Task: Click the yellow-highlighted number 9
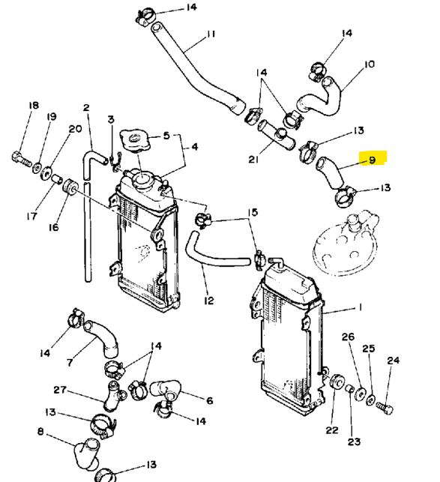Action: (372, 160)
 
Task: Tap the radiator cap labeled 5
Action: (135, 140)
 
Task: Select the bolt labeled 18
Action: (21, 159)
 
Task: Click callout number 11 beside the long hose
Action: (211, 34)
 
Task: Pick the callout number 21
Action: (253, 159)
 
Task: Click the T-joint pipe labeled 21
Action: (277, 136)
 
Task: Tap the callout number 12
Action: (209, 301)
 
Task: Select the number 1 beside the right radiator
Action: (360, 307)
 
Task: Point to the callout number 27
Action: (60, 390)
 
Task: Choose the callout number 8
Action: (41, 432)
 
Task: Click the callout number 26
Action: (348, 337)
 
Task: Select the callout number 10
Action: (370, 64)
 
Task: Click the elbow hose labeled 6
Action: (166, 390)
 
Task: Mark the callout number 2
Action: (86, 108)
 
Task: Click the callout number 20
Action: (75, 129)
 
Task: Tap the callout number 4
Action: (195, 147)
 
